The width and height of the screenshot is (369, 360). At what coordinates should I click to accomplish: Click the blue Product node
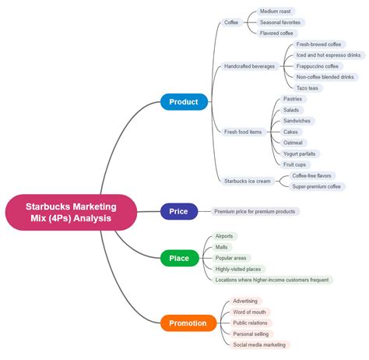coord(184,102)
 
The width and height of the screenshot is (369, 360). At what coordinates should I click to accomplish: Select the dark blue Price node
coord(179,211)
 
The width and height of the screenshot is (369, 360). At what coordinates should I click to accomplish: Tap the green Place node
coord(179,258)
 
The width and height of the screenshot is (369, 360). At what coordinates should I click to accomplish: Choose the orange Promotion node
coord(188,323)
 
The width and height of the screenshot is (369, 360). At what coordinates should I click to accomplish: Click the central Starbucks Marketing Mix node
coord(71,212)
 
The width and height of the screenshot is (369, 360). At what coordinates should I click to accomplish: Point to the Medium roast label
coord(276,12)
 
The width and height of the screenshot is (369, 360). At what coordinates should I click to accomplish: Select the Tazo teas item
coord(307,88)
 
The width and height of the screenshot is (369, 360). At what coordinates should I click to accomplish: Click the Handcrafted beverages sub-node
coord(249,66)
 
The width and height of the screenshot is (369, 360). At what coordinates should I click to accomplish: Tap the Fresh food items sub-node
coord(243,132)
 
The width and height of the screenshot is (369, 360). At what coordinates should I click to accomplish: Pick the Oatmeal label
coord(293,143)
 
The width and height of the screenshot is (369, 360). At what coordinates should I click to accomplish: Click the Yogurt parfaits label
coord(300,154)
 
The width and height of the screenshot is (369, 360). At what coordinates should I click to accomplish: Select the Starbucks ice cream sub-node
coord(248,181)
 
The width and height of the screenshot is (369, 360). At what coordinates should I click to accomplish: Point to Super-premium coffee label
coord(317,186)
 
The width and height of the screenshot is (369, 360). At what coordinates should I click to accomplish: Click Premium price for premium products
coord(255,211)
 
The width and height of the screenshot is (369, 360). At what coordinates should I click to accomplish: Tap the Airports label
coord(224,236)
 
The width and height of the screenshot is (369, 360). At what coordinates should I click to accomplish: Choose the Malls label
coord(222,247)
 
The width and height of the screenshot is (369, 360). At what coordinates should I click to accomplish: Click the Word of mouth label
coord(249,312)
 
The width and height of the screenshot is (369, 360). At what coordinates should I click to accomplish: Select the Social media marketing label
coord(259,344)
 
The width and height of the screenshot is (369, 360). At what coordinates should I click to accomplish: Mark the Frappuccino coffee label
coord(318,66)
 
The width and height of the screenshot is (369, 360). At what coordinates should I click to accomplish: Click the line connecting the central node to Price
coord(149,212)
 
